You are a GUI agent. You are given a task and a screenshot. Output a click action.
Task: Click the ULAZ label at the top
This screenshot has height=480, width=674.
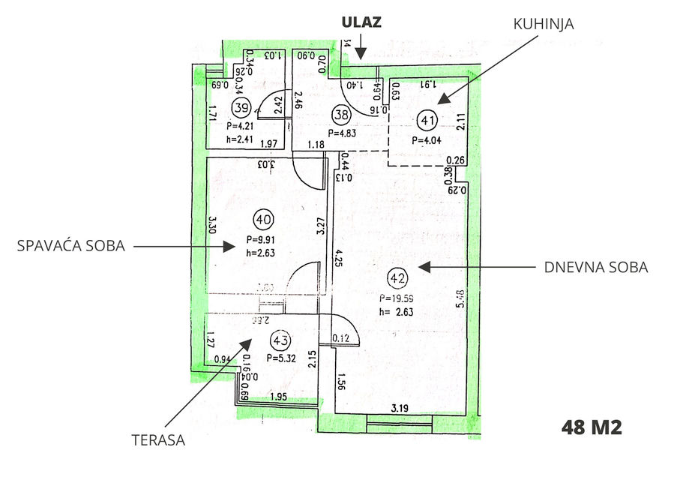(361, 22)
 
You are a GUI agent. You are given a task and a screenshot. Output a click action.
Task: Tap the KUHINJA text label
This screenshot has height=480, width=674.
(544, 24)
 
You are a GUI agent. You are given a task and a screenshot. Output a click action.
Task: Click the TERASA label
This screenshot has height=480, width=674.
(157, 440)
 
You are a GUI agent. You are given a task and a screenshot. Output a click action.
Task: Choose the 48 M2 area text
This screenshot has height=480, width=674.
(592, 428)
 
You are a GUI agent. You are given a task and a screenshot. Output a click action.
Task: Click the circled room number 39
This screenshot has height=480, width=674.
(241, 107)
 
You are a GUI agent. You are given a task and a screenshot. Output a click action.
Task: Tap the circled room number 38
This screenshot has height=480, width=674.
(342, 115)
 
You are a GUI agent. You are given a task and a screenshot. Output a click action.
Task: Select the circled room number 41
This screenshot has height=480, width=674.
(428, 119)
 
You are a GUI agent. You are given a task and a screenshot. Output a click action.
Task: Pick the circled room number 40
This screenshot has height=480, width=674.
(263, 220)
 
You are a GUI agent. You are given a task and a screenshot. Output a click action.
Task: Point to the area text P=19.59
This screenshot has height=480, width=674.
(398, 297)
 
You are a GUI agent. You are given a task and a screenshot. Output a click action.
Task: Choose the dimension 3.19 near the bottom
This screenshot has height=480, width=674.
(400, 409)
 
